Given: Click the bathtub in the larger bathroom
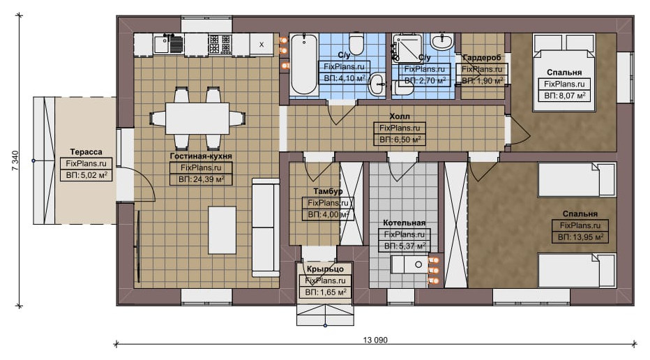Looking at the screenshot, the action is [304, 65].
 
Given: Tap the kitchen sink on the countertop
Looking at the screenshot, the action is [169, 45].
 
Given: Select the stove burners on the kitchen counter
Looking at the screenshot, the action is [220, 45].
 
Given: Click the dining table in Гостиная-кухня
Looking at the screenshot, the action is [197, 118].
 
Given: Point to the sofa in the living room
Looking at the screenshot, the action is [266, 227].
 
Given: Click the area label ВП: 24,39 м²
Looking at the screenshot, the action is [201, 179].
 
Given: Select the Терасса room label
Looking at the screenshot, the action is [86, 152].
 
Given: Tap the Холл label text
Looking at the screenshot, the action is [400, 117].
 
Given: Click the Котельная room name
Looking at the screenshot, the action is [405, 223].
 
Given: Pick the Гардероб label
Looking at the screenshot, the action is [482, 57].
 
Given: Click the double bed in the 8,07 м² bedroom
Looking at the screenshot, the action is [565, 73].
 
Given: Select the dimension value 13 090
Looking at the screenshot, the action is [375, 340].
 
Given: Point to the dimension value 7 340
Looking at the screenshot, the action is [15, 161].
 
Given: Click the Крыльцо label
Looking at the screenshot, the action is [325, 269].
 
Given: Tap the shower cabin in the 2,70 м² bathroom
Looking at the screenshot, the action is [407, 48].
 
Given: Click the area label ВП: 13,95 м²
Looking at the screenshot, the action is [580, 237].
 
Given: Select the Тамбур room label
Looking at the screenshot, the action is [328, 191].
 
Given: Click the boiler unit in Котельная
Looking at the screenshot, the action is [410, 264].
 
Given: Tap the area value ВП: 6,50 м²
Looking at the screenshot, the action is [400, 140].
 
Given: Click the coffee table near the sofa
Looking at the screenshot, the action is [222, 230].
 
